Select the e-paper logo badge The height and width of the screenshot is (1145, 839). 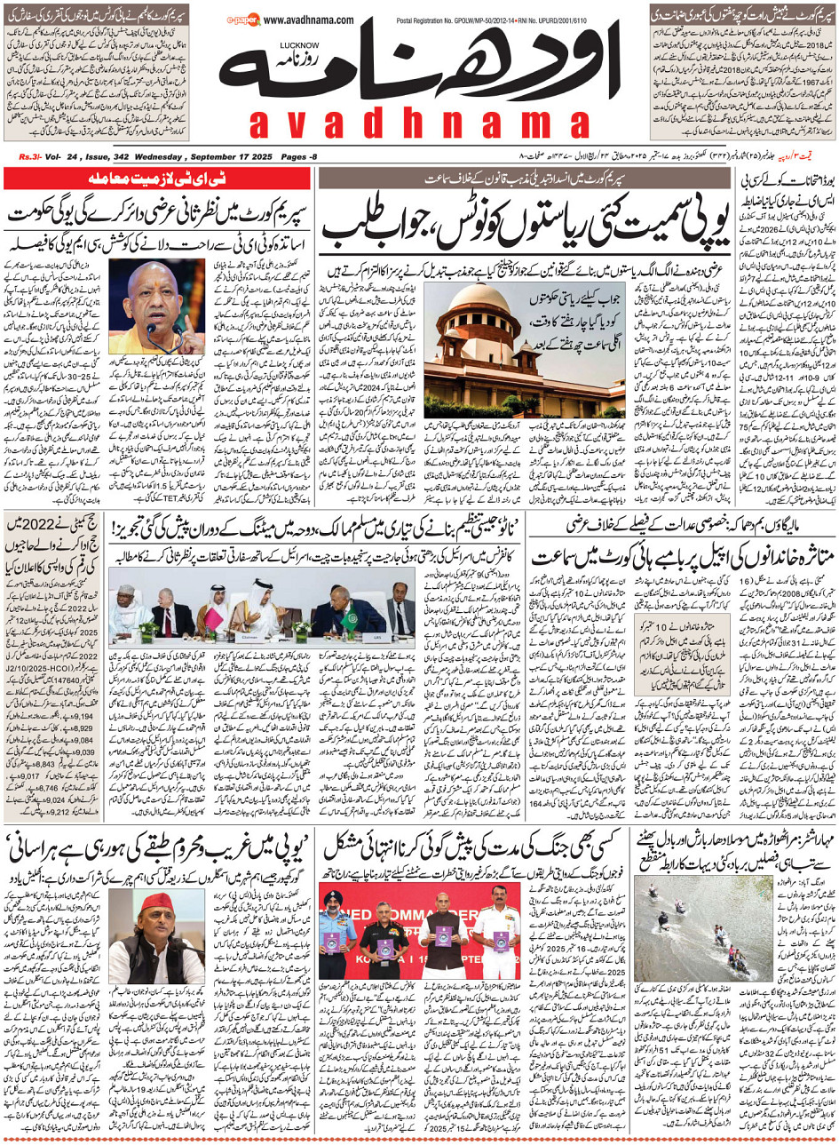[241, 19]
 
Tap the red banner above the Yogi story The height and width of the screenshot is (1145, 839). [161, 179]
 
